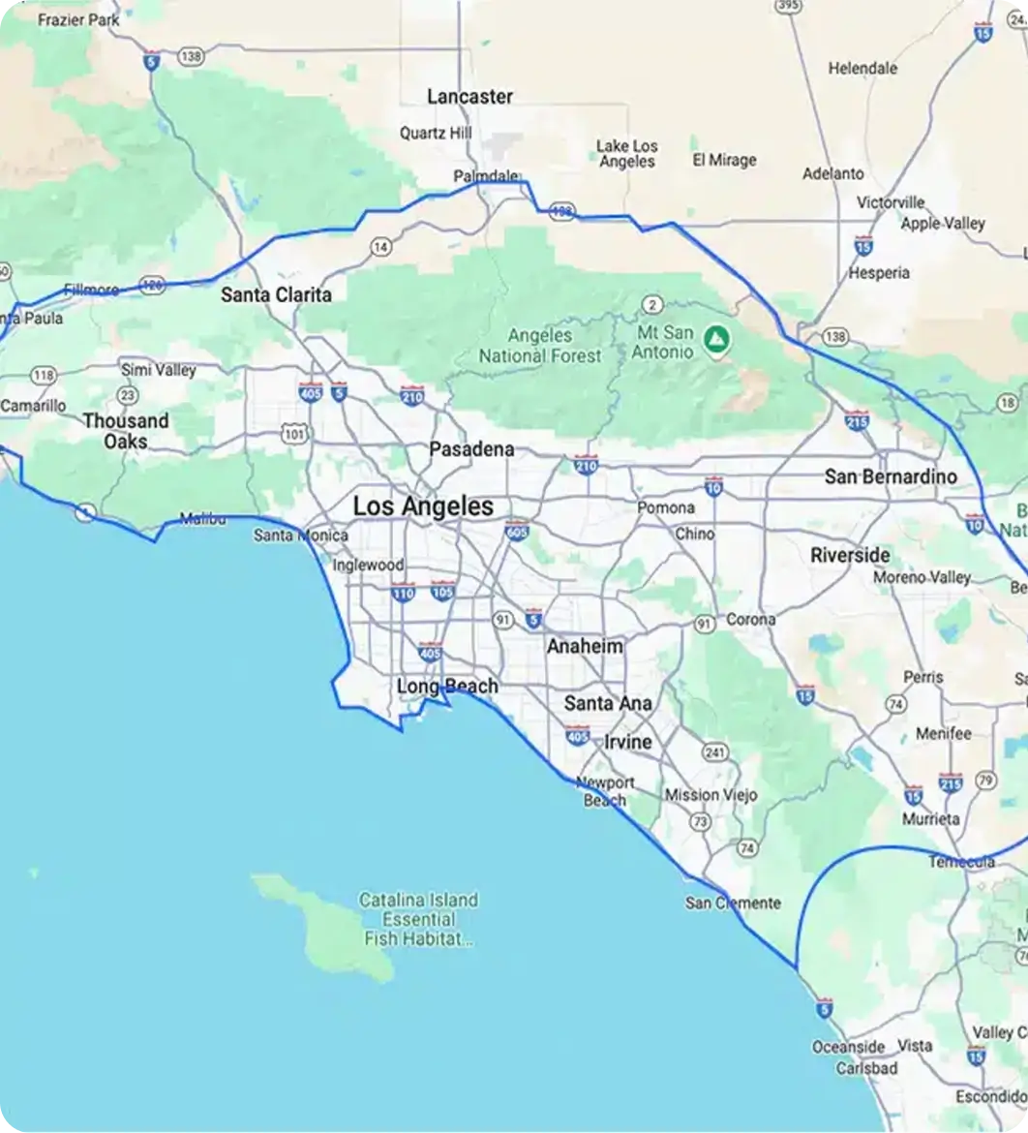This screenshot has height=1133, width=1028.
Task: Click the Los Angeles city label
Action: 423,506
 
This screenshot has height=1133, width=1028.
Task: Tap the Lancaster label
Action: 469,97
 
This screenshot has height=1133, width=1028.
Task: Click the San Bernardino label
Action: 891,476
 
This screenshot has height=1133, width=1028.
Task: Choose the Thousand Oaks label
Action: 126,431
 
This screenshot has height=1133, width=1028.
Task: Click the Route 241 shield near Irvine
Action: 715,752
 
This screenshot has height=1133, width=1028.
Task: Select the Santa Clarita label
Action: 276,295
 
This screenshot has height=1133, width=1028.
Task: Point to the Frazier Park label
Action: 78,19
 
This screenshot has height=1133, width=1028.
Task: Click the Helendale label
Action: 862,69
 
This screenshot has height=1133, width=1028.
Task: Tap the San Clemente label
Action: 733,903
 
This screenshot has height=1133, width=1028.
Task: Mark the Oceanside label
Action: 848,1047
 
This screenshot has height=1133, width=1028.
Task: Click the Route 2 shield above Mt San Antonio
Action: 652,306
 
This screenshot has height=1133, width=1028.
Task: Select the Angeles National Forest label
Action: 540,346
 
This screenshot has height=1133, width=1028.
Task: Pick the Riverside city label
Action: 850,556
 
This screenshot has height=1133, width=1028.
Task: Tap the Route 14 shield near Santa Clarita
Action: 382,247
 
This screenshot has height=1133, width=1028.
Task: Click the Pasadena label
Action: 471,450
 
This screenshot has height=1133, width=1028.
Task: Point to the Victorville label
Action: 891,203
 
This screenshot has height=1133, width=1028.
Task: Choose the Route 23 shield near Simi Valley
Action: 127,394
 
